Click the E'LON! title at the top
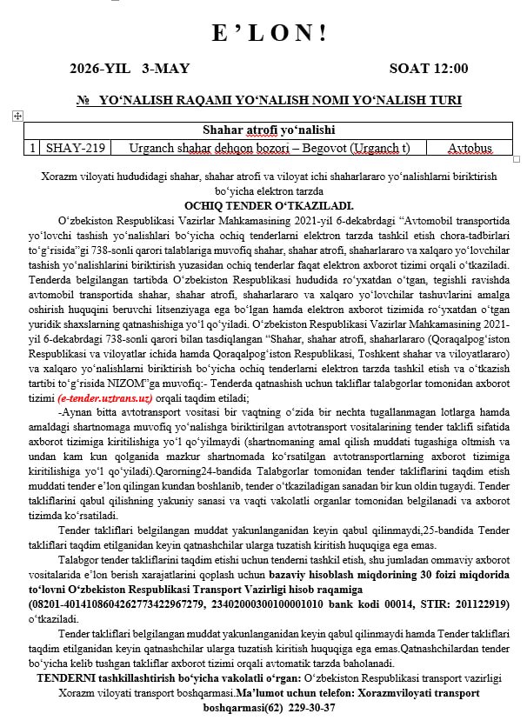click(x=270, y=33)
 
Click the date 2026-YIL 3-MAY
click(x=130, y=68)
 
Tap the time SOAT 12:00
click(x=428, y=68)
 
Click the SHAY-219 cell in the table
click(x=76, y=148)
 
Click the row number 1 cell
click(x=33, y=148)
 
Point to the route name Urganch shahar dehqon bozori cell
click(x=269, y=148)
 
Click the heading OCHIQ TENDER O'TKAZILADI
click(x=263, y=206)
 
